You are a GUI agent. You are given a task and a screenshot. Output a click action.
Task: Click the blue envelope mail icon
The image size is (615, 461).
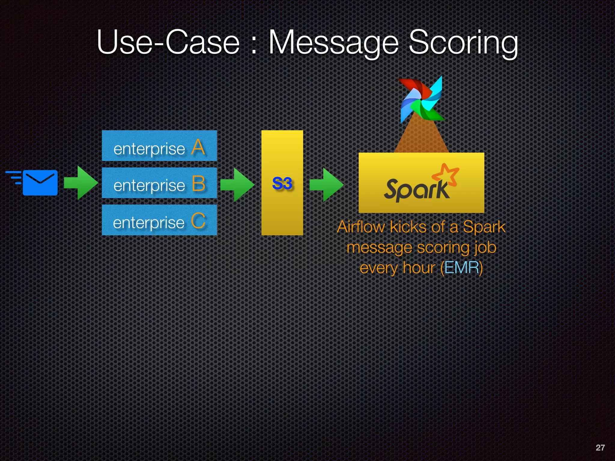coord(40,182)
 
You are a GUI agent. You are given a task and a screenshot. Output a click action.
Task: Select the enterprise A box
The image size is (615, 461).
coord(159,146)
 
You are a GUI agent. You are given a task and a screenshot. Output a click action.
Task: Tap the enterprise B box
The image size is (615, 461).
coord(159,183)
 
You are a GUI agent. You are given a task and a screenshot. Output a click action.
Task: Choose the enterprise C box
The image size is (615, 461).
coord(159,220)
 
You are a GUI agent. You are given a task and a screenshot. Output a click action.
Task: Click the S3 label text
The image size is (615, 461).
coord(282,183)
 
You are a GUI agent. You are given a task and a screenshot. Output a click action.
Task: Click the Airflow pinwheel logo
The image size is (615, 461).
coord(421,99)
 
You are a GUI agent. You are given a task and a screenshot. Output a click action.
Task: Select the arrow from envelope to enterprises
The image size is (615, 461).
coord(81,182)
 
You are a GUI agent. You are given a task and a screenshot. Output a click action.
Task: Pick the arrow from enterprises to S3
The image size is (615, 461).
coord(237,184)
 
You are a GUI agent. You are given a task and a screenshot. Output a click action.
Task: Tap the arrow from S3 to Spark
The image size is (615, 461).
coord(326,184)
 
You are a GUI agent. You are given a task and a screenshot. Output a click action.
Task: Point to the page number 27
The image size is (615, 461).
coord(600,447)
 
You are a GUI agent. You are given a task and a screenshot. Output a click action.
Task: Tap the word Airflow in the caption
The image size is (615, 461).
coord(361,227)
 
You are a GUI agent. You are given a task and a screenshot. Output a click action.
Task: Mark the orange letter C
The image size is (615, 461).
coord(198,221)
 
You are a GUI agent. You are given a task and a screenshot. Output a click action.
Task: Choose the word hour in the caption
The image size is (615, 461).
coord(419,267)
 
